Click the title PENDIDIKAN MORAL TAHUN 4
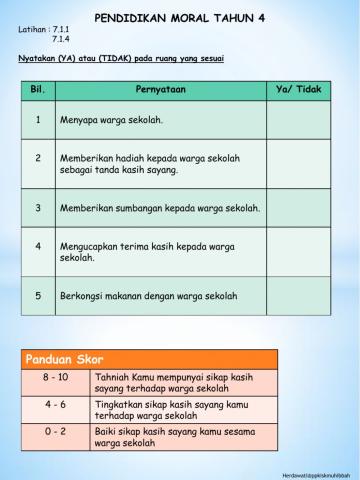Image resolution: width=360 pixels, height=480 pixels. tap(186, 18)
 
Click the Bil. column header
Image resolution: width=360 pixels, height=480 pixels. tap(37, 91)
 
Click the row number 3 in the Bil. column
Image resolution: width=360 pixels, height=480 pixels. tap(37, 208)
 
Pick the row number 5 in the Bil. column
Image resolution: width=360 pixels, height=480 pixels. tap(37, 296)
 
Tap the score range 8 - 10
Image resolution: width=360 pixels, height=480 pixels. tap(56, 378)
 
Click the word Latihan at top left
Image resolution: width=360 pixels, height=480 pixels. tap(33, 30)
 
